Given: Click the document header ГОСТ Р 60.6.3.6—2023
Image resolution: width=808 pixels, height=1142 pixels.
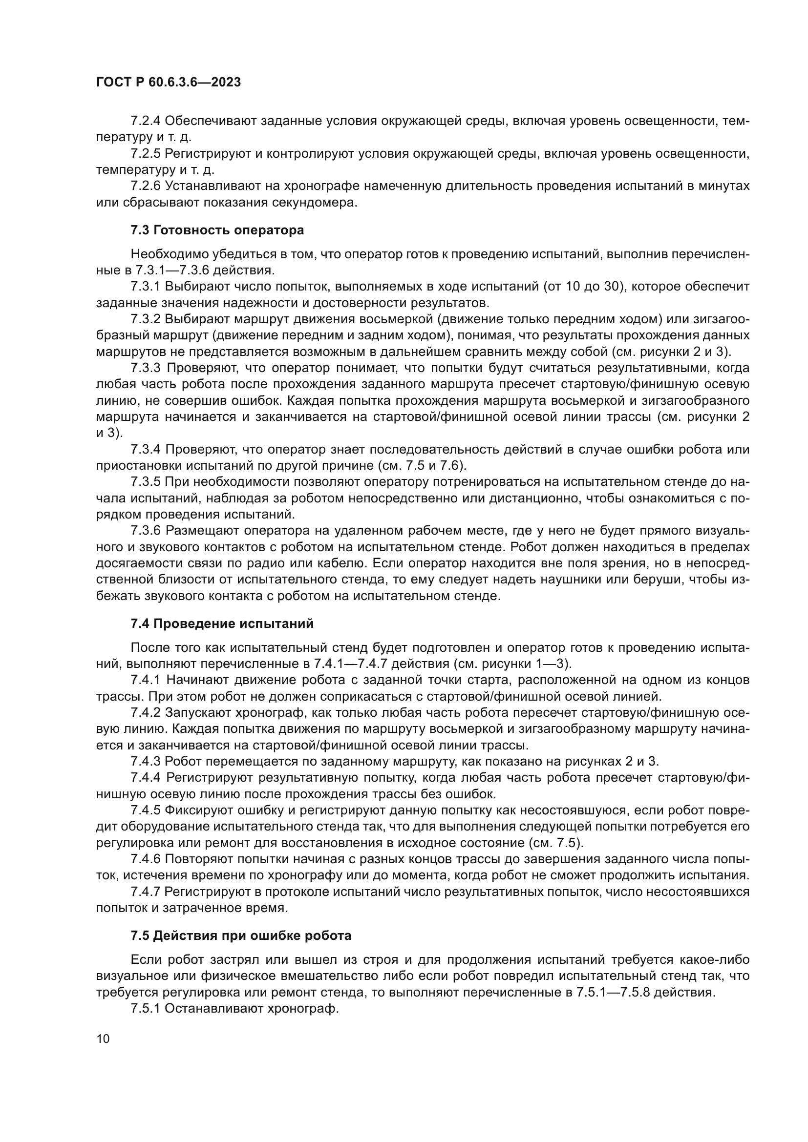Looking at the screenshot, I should pos(168,83).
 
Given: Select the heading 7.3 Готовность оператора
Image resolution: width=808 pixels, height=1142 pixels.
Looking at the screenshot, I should pos(217,230).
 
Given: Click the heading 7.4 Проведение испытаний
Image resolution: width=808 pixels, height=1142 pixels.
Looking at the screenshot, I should pos(222,623).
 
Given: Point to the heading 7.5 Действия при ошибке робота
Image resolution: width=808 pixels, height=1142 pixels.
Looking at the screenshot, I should pos(241,935).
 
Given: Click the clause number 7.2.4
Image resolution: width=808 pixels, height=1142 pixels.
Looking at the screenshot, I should pos(146,121).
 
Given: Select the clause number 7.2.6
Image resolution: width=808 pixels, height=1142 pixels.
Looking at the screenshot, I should pos(146,186).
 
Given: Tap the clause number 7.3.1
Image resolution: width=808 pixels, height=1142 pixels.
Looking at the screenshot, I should pos(146,287).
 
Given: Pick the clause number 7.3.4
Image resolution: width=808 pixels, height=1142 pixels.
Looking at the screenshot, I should pos(146,450).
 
